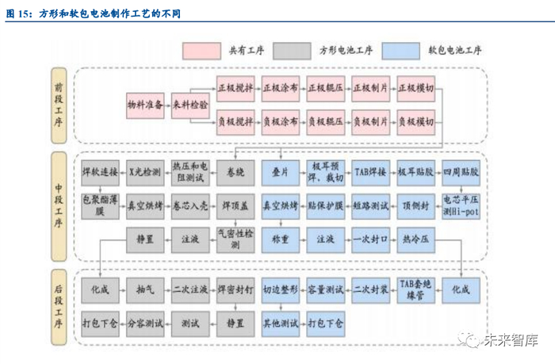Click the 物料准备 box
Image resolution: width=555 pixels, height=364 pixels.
(146, 105)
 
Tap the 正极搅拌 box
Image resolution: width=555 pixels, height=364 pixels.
(235, 87)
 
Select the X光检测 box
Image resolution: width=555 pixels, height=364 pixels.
(146, 171)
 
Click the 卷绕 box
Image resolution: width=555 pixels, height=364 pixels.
(235, 171)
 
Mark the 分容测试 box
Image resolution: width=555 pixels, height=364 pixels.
(146, 324)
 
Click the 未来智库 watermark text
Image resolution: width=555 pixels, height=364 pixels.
(512, 341)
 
